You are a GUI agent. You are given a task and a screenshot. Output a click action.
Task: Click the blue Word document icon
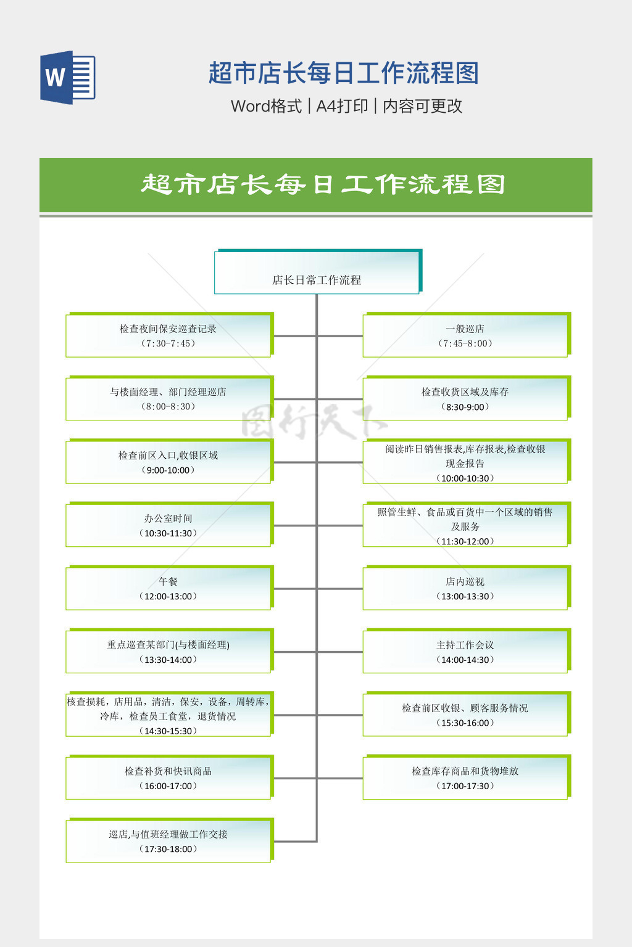(x=68, y=78)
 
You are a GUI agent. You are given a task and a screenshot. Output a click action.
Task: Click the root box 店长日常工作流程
(x=317, y=273)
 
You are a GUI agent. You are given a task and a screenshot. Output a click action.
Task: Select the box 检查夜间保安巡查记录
(x=168, y=336)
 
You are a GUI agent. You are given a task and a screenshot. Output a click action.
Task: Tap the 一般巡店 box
(x=465, y=336)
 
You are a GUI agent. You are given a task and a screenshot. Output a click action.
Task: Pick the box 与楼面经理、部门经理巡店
(x=168, y=399)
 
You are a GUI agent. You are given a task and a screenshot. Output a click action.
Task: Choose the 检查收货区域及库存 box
(x=465, y=399)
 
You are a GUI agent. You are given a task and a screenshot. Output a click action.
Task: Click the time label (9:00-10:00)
(x=168, y=470)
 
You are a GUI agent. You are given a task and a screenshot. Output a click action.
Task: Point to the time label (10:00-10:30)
(x=465, y=478)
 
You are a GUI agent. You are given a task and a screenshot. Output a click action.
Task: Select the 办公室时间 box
(x=168, y=525)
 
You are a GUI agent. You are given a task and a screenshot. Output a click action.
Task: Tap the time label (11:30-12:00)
(x=465, y=541)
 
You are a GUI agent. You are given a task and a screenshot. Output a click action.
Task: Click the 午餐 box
(x=168, y=589)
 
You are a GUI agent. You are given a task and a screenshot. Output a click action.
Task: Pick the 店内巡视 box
(x=465, y=589)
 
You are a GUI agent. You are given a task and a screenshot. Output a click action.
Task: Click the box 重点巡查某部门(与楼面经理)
(x=168, y=652)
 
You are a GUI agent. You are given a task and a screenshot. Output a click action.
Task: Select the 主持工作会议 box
(x=465, y=652)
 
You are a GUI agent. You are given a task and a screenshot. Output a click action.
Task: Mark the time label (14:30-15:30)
(x=168, y=731)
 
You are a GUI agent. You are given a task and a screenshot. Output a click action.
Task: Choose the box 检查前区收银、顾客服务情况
(x=465, y=715)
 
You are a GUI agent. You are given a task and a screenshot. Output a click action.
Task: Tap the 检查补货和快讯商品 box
(x=168, y=778)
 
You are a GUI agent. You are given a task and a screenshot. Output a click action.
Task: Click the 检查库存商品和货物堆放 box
(x=465, y=778)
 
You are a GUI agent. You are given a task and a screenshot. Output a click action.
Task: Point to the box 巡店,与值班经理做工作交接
(x=168, y=841)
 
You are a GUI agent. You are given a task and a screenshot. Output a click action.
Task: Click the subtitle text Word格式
(x=266, y=106)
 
